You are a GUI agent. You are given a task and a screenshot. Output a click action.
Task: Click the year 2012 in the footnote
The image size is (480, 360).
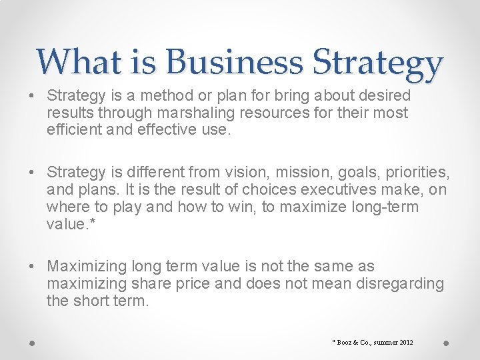point(405,342)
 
